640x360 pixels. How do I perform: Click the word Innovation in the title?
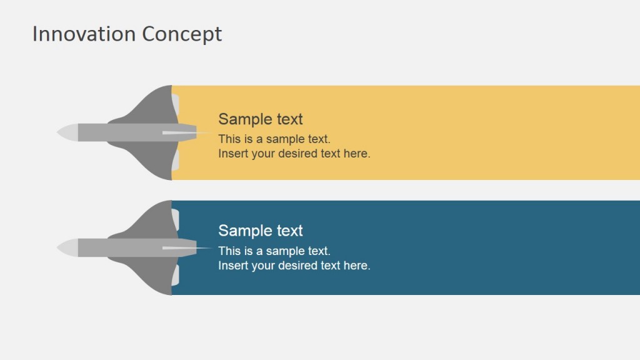click(84, 34)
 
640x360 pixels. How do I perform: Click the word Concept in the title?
click(182, 34)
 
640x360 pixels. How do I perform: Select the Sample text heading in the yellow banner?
click(260, 119)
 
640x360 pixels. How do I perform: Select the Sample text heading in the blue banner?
click(260, 231)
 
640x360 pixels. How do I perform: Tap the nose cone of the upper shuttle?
click(67, 132)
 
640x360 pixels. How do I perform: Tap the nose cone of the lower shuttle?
click(67, 247)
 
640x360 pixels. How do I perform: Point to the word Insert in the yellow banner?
click(233, 154)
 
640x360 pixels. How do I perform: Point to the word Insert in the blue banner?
click(233, 266)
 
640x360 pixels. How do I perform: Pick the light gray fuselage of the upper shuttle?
click(119, 132)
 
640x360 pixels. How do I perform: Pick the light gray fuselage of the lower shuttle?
click(119, 247)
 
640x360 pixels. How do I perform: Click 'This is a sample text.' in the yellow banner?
click(274, 139)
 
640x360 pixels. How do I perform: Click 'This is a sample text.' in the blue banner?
click(274, 251)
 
